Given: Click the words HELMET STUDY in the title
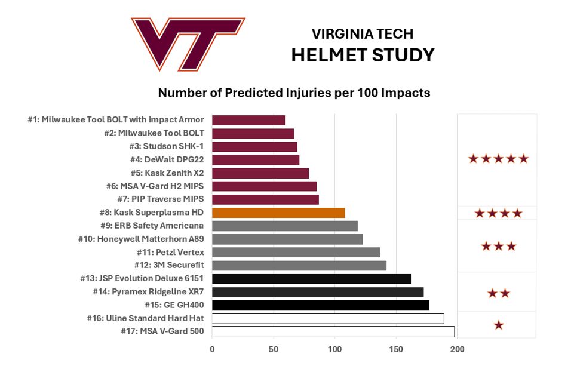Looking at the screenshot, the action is (363, 55).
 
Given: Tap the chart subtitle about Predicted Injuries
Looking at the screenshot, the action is (294, 93).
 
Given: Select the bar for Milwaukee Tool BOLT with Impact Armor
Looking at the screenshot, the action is (248, 120).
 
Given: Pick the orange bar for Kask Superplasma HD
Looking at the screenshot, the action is (278, 213).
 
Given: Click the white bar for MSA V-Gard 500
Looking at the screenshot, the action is (333, 331).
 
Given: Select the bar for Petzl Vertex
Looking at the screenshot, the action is (296, 252).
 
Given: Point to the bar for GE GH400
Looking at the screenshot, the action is (321, 305).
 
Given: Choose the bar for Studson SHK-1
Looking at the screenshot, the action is (255, 147).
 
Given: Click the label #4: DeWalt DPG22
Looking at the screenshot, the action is (167, 159).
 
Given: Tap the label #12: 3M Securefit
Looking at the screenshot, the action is (169, 265).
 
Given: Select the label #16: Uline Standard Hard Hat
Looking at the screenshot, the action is (145, 318).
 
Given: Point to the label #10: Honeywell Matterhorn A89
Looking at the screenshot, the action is (141, 239).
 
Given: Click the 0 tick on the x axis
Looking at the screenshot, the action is (212, 349).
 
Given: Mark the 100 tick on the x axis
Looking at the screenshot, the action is (334, 349).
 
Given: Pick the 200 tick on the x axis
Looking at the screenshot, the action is (457, 349).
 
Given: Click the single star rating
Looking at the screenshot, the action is (499, 325).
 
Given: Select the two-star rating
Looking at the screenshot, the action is (499, 293).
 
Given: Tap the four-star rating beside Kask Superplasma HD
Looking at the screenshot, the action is (499, 213).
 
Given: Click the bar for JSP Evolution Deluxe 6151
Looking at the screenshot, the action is (312, 279).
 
